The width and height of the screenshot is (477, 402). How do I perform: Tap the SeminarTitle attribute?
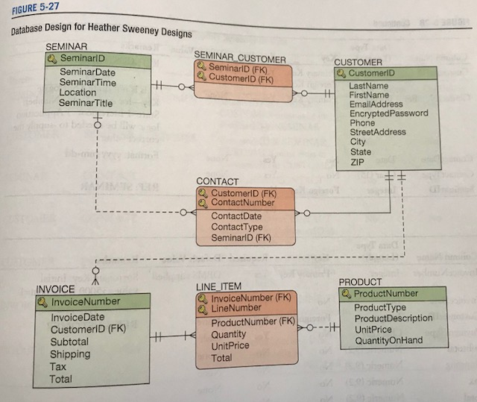(x=86, y=103)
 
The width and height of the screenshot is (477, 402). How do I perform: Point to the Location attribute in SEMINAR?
(x=78, y=92)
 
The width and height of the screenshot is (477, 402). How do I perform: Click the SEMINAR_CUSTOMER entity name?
(x=239, y=57)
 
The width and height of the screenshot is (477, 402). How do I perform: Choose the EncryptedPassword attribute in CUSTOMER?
(x=388, y=113)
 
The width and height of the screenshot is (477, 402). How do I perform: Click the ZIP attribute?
(x=358, y=161)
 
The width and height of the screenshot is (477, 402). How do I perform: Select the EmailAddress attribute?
(x=376, y=104)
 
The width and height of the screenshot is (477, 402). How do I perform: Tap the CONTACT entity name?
(x=217, y=181)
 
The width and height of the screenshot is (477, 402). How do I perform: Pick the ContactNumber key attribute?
(x=242, y=202)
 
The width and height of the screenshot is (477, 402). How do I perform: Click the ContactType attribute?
(x=236, y=227)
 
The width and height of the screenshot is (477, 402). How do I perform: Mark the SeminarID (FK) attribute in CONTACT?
(x=241, y=238)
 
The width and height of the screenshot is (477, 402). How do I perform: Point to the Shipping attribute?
(x=70, y=354)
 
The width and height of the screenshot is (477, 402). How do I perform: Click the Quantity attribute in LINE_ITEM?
(x=229, y=334)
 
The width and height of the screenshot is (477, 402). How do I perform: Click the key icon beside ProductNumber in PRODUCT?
(x=347, y=293)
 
